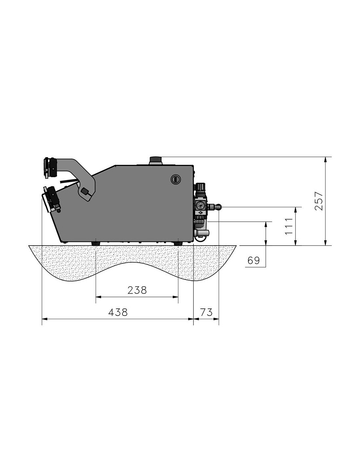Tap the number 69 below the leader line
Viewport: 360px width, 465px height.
pyautogui.click(x=254, y=260)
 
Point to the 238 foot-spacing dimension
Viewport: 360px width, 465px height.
pyautogui.click(x=137, y=290)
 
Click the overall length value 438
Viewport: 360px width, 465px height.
pyautogui.click(x=118, y=312)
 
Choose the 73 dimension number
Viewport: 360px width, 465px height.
pyautogui.click(x=207, y=312)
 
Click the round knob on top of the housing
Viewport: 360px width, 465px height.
pyautogui.click(x=156, y=160)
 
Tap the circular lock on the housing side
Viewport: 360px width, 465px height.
pyautogui.click(x=175, y=179)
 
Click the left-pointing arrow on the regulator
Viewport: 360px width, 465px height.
pyautogui.click(x=200, y=213)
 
